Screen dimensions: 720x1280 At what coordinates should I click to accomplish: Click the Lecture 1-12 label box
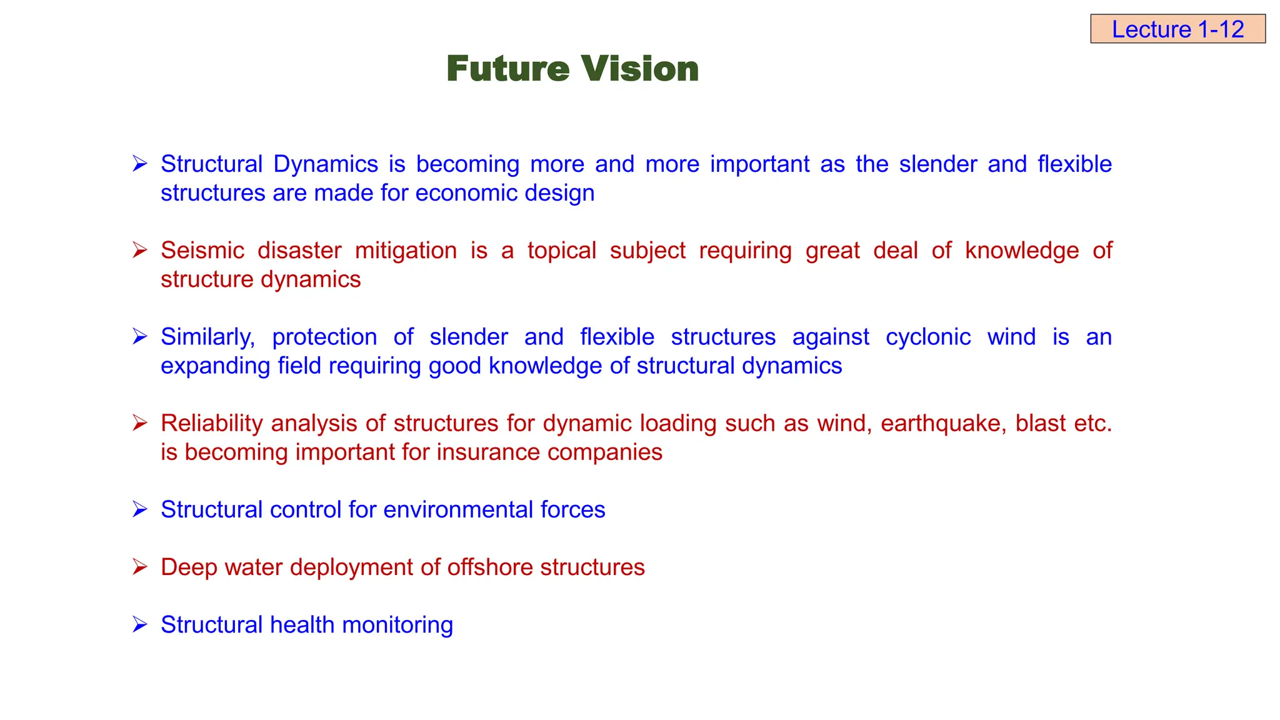(1177, 29)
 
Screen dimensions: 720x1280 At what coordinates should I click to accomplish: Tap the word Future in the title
(508, 68)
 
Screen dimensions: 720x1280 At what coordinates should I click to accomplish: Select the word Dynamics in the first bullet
(326, 164)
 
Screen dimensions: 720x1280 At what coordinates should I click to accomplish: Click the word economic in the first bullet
(466, 193)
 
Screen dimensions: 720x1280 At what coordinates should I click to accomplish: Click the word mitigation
(406, 251)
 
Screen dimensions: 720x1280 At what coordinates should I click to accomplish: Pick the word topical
(561, 251)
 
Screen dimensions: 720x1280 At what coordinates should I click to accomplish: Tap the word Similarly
(207, 337)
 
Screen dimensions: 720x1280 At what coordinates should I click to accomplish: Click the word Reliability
(212, 423)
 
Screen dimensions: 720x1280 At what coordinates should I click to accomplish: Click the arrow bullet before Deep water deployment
(139, 567)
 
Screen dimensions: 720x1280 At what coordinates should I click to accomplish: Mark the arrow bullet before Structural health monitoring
(139, 624)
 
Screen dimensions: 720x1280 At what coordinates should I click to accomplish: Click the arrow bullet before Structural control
(139, 509)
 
